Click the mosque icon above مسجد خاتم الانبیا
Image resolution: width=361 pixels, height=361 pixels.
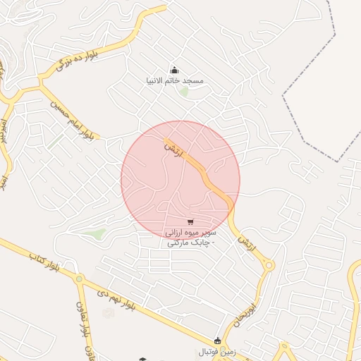[175, 70]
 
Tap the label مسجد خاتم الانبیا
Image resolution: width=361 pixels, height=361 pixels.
[175, 80]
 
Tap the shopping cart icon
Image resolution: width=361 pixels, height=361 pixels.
[190, 222]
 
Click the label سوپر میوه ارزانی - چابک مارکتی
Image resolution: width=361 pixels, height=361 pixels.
[190, 237]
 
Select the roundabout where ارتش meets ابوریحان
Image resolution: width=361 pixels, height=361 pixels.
[269, 265]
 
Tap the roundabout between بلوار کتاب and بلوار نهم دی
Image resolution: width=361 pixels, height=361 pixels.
[79, 280]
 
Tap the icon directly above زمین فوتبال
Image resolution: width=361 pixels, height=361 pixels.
[217, 341]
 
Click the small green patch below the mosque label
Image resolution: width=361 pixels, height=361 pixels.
[184, 92]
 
